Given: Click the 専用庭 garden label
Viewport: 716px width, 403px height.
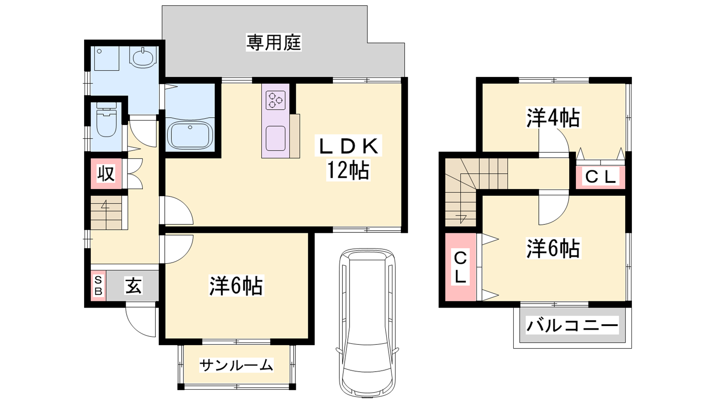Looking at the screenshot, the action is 273,43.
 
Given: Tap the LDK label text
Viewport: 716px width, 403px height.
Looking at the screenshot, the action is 349,146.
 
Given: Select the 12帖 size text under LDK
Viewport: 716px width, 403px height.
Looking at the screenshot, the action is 348,170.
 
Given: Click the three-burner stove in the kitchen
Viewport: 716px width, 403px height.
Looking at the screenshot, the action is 276,100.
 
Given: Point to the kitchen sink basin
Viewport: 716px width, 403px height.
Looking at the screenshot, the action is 276,138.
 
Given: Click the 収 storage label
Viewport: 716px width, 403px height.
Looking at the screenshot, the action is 106,173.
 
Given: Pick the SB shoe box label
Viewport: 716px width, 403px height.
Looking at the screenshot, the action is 98,286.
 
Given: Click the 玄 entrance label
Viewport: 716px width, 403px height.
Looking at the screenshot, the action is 133,286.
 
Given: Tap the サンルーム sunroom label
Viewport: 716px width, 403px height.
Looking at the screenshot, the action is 236,365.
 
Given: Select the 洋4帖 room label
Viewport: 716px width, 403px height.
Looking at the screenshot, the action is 553,118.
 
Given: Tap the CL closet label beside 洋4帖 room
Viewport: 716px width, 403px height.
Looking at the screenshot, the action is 600,176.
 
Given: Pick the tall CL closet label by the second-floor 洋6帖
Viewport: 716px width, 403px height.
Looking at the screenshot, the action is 460,267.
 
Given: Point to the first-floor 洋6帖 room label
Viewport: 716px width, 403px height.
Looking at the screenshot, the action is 236,286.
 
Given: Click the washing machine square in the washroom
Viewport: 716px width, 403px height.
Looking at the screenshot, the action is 107,58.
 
